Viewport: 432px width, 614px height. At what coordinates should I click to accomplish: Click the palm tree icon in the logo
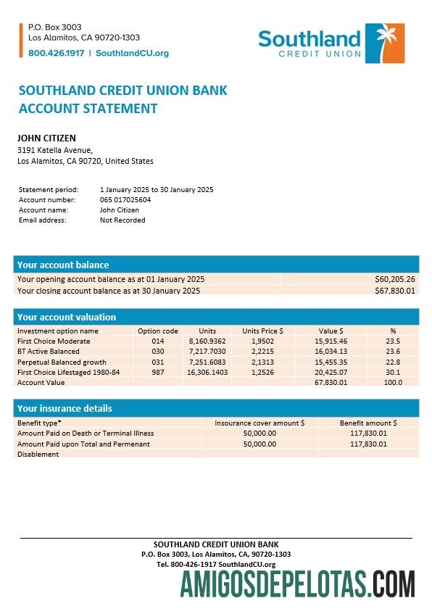384,43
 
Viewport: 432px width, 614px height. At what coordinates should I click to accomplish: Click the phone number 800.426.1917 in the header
56,53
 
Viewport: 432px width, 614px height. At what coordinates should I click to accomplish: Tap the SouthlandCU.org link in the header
132,53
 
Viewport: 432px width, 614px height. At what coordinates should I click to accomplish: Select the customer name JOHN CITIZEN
46,138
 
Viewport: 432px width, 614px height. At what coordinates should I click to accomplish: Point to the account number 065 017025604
125,199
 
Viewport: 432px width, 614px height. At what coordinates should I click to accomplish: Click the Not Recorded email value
122,220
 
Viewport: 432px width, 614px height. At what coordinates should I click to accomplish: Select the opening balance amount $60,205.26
394,279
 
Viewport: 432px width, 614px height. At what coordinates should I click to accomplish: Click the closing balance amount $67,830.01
394,291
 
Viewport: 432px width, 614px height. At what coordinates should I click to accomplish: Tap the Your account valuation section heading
67,317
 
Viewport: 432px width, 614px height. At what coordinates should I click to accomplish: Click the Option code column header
158,331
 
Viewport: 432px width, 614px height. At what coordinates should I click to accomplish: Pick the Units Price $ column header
262,331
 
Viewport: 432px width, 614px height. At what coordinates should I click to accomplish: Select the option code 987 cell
158,372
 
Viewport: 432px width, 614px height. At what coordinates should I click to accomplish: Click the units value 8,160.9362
207,341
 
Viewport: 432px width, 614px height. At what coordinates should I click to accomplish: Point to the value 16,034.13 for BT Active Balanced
331,351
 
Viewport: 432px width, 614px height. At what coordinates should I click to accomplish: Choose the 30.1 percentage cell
393,372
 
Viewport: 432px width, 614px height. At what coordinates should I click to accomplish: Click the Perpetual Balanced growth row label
62,362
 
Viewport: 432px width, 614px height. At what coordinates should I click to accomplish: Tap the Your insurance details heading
65,408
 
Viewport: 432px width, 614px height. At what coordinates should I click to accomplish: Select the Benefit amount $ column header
368,423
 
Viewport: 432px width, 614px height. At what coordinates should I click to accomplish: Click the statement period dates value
157,189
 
